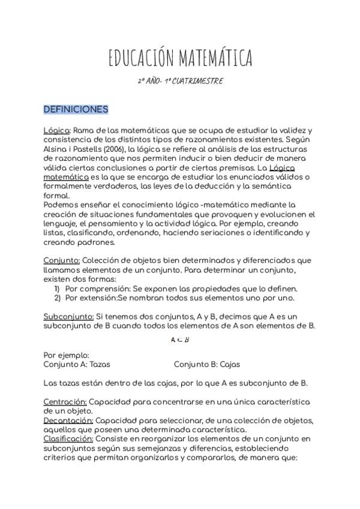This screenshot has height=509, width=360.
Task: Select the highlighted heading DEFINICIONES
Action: tap(76, 109)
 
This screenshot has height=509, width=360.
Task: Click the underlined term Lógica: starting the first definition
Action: tap(58, 130)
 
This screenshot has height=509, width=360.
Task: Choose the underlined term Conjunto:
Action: tap(62, 261)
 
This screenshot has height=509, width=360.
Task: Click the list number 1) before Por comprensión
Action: tap(58, 289)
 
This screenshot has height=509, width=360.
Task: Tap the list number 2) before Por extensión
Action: tap(58, 298)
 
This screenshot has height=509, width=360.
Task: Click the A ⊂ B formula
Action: tap(180, 340)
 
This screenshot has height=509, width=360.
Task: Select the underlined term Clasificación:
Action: tap(67, 439)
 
